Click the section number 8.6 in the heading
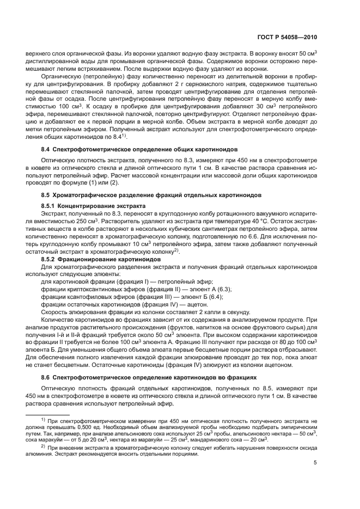(47, 377)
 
